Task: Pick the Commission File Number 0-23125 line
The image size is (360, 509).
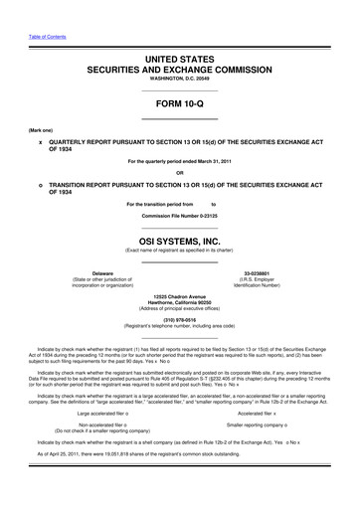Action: [x=179, y=214]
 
